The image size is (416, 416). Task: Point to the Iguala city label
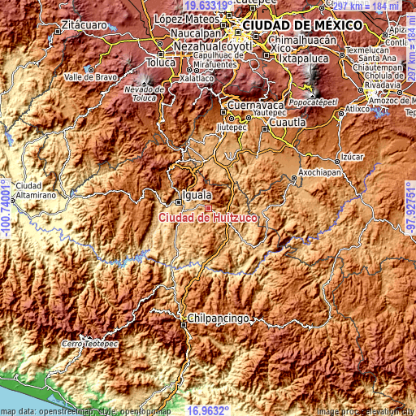pyautogui.click(x=197, y=195)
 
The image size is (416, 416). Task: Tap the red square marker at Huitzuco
pyautogui.click(x=208, y=208)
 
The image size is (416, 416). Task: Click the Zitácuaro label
pyautogui.click(x=83, y=26)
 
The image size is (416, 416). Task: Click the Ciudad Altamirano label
pyautogui.click(x=33, y=190)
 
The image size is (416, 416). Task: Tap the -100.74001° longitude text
pyautogui.click(x=6, y=208)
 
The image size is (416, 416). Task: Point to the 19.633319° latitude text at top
pyautogui.click(x=208, y=5)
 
